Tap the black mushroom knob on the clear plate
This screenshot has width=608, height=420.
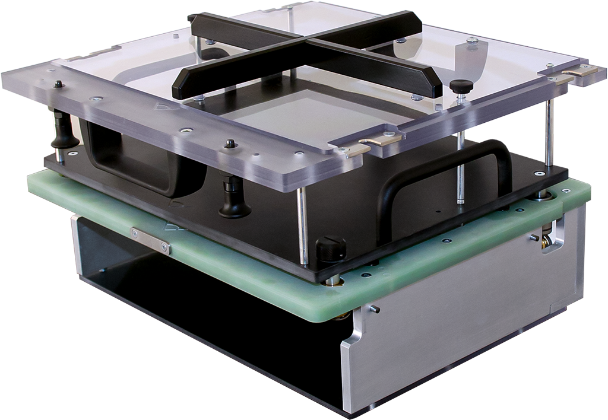(x=461, y=86)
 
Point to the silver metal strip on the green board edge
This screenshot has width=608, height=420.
(x=150, y=240)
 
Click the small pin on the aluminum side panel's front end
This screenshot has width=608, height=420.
(x=373, y=308)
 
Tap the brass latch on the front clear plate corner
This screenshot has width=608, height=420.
(x=375, y=141)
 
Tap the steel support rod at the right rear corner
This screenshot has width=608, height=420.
(x=549, y=133)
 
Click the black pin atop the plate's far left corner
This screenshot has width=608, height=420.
(x=58, y=84)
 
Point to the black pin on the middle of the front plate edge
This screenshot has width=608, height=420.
(x=229, y=144)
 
